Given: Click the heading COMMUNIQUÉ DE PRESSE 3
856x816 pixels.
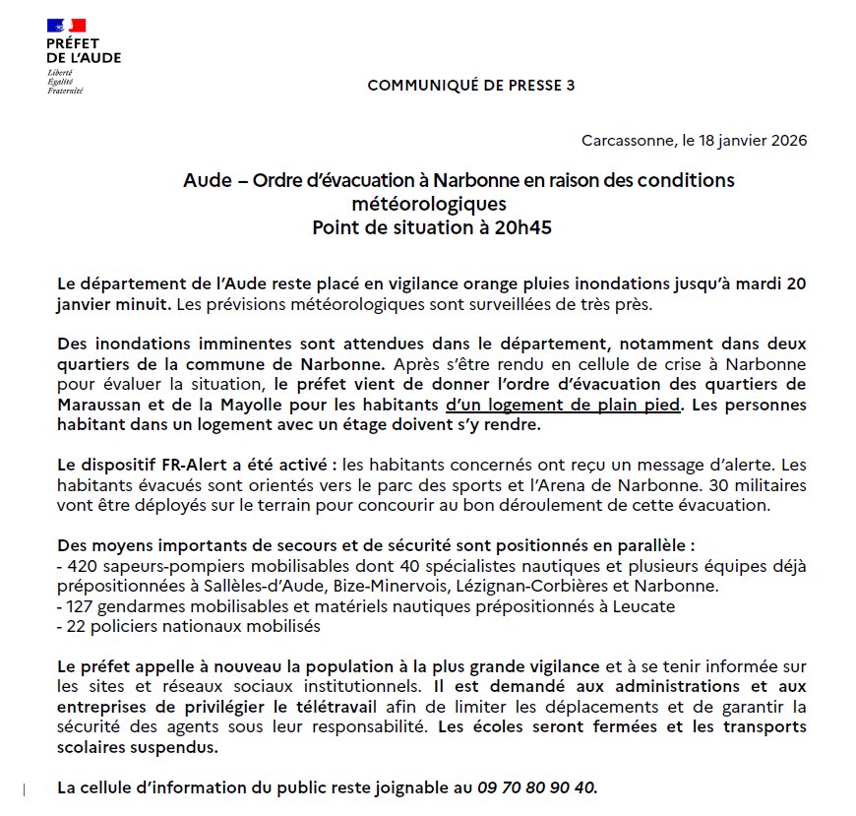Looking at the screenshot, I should point(470,86).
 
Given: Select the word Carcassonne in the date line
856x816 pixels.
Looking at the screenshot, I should point(625,140).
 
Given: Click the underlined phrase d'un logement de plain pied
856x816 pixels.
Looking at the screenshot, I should point(562,405).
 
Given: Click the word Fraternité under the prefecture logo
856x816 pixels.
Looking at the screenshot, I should point(65,91).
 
